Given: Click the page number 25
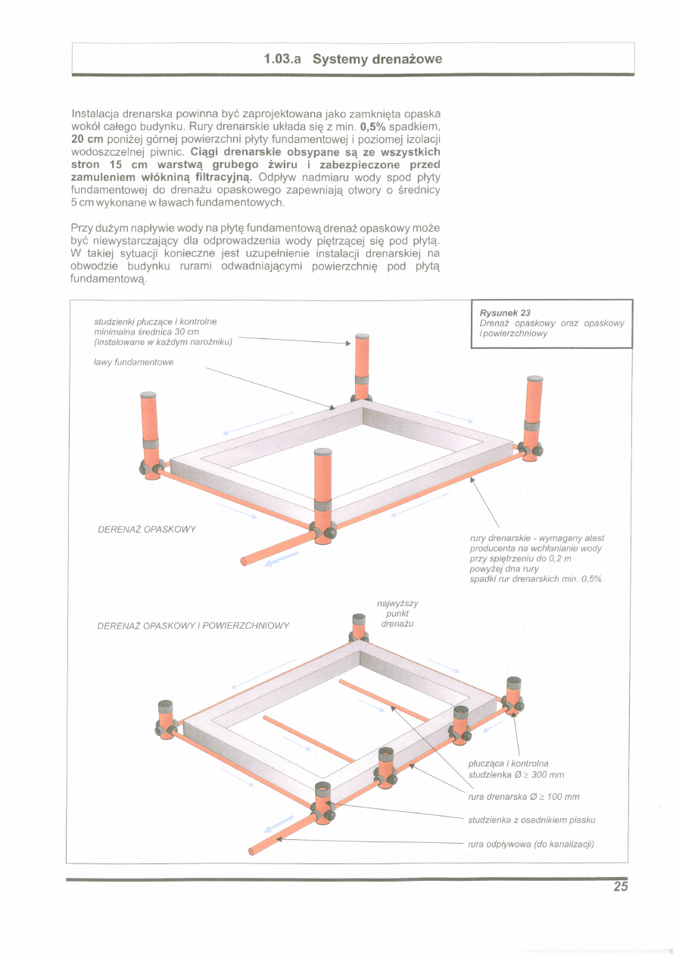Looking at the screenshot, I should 621,888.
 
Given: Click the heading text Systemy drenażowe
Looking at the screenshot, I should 377,59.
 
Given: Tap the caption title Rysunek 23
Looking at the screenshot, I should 505,313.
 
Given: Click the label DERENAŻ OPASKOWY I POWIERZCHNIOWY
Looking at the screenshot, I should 194,626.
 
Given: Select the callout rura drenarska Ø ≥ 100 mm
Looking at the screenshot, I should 524,797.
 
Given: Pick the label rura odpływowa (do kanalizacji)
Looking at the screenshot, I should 531,845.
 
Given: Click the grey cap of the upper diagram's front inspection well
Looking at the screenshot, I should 323,452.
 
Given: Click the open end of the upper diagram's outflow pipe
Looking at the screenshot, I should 244,561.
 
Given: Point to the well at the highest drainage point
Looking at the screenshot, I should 359,627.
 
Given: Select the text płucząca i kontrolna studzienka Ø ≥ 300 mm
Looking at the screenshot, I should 516,769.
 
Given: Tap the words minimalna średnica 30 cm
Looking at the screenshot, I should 146,331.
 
